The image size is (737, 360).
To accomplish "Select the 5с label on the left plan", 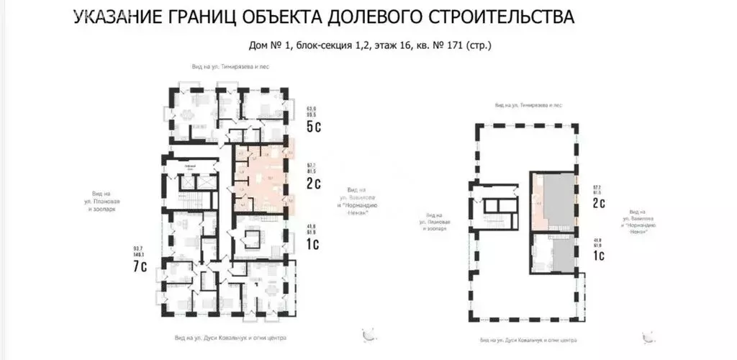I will click(314, 128).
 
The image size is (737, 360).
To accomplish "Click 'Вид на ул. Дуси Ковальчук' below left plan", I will click(230, 337).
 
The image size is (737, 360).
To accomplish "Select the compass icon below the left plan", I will click(370, 334).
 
